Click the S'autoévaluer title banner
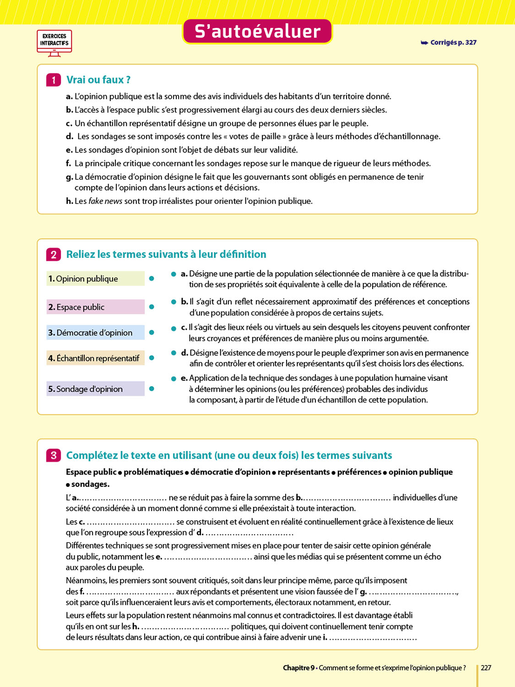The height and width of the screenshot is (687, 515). (x=257, y=32)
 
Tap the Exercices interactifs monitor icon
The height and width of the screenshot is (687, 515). (x=54, y=43)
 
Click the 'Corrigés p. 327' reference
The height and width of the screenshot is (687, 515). (x=449, y=43)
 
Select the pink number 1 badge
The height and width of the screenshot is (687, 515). (x=54, y=80)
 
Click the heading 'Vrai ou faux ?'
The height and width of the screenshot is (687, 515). (x=98, y=80)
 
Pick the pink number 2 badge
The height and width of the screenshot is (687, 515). (x=54, y=255)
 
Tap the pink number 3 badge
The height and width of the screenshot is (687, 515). (x=54, y=455)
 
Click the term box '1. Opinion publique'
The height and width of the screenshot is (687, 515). (x=95, y=279)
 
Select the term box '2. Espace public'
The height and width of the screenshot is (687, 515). (x=95, y=307)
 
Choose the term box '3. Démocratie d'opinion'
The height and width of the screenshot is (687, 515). (x=95, y=333)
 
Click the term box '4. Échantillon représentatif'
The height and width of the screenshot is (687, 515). (x=95, y=358)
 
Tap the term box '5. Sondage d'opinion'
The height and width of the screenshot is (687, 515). (x=95, y=389)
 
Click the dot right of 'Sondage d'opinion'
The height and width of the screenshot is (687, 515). (x=152, y=389)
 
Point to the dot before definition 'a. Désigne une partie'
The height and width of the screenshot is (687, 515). (x=173, y=274)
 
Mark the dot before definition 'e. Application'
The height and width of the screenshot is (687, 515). (x=173, y=379)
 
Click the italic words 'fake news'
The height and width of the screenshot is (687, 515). (x=105, y=201)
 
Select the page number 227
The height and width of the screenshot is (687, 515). (x=486, y=668)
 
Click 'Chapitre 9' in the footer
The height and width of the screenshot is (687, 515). (x=298, y=668)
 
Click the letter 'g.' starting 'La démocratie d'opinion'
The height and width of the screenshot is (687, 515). (x=70, y=177)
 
